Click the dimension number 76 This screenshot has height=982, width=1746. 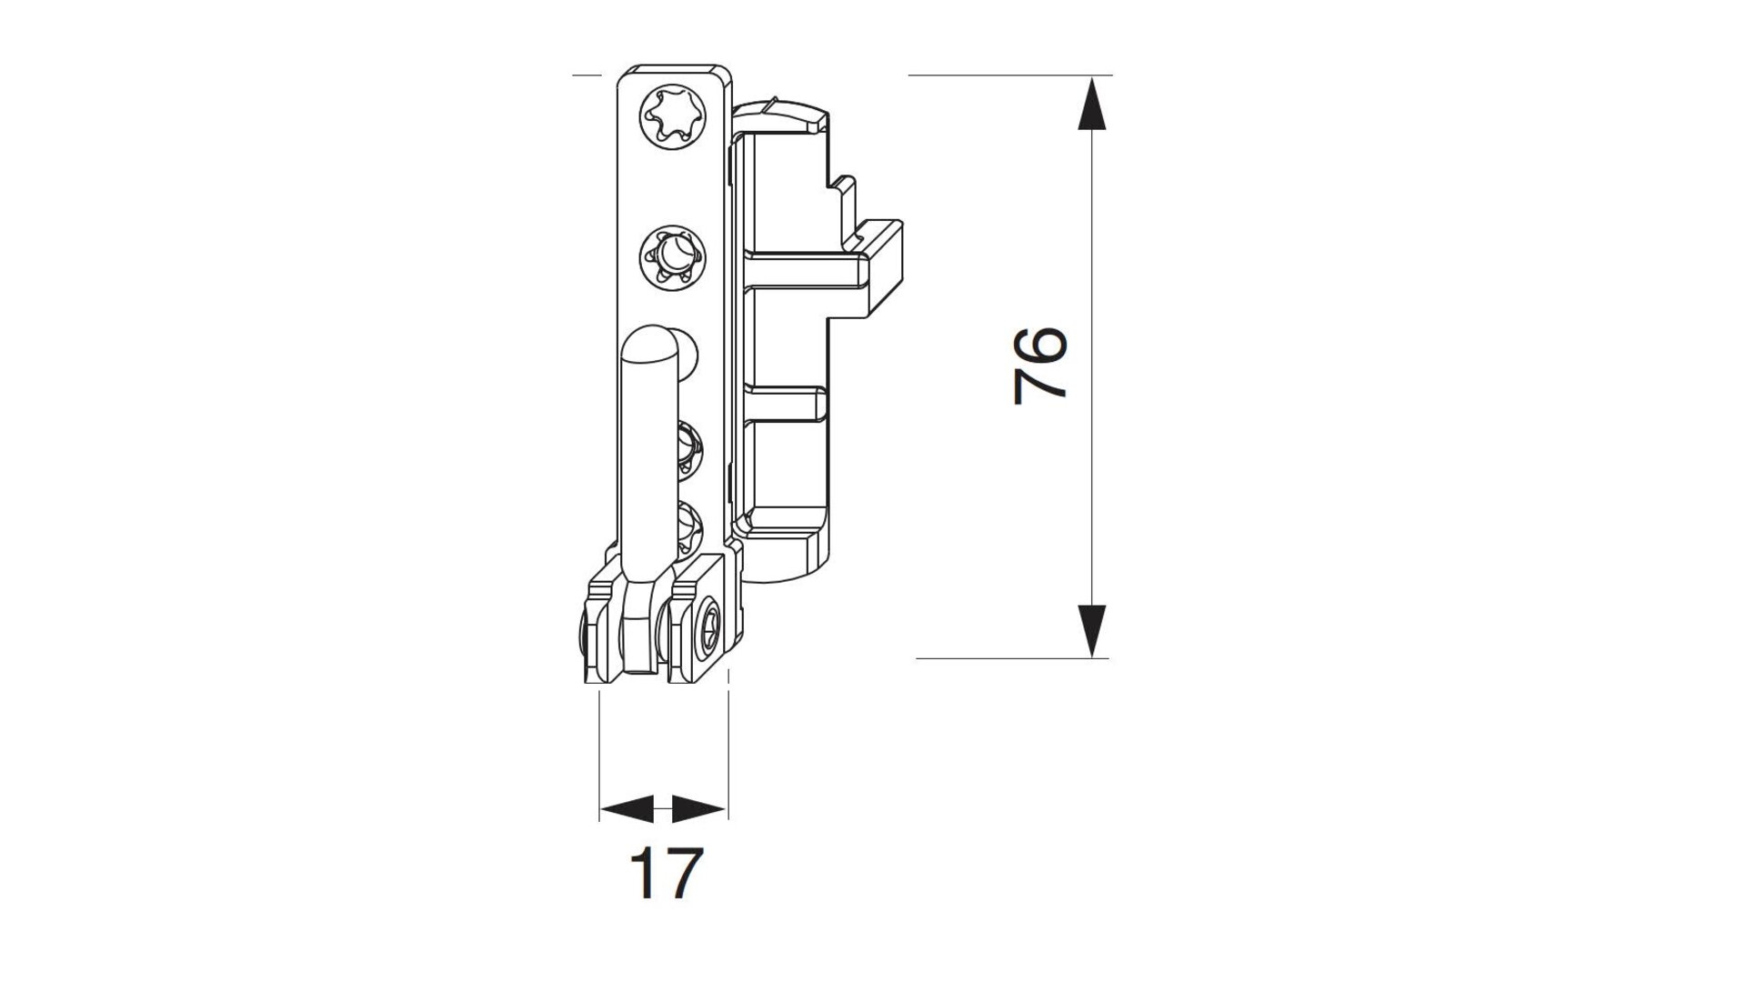click(1039, 366)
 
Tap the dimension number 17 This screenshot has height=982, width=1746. click(667, 873)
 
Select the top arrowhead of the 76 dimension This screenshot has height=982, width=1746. click(1091, 104)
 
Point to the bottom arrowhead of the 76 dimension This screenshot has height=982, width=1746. click(1091, 629)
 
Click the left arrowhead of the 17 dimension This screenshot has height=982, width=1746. click(627, 807)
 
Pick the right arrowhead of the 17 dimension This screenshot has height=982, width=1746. click(698, 807)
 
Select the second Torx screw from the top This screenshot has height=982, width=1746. click(674, 259)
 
